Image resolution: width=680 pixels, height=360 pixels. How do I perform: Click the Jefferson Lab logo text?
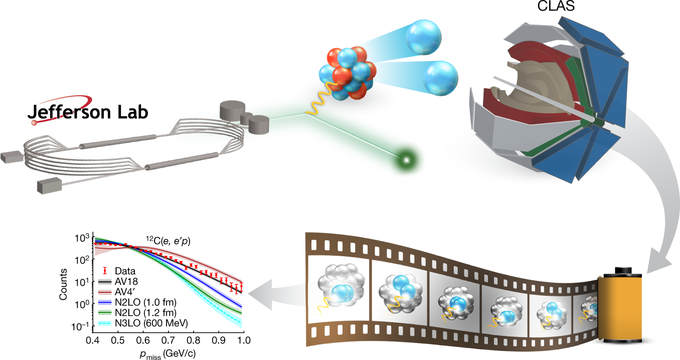tap(88, 111)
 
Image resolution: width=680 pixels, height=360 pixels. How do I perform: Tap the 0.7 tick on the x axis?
tap(168, 341)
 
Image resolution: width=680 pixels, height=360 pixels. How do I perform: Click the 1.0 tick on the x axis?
tap(243, 341)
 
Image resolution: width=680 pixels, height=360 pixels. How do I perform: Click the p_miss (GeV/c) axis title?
tap(167, 354)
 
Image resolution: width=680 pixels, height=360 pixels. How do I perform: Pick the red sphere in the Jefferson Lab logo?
tap(34, 122)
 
